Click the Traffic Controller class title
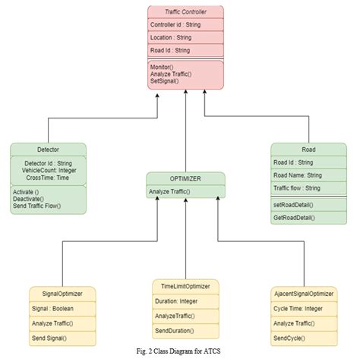[x=185, y=11]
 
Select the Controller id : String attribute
[x=176, y=24]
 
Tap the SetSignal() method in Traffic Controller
[x=164, y=80]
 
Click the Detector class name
[x=48, y=150]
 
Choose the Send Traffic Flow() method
[x=36, y=206]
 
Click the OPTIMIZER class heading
[x=185, y=179]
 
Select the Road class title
[x=308, y=149]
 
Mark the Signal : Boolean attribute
[x=53, y=309]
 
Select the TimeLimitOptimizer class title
[x=185, y=286]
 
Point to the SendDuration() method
[x=174, y=330]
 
